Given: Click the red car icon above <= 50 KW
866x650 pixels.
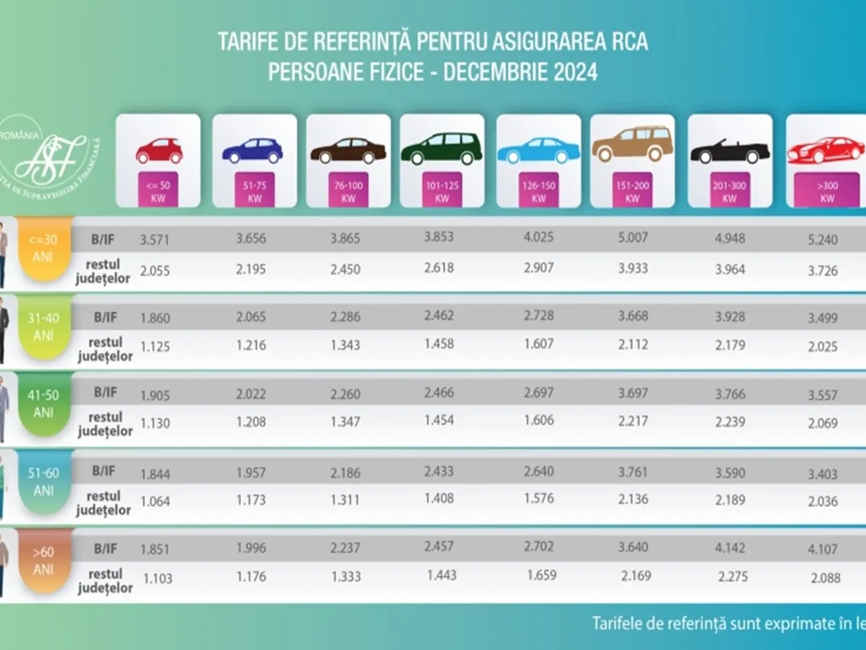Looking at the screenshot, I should coord(159,150).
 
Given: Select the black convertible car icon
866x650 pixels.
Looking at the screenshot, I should coord(730,152).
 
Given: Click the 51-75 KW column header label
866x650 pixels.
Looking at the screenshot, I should coord(254,193).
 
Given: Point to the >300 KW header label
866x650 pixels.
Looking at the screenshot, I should coord(827,193).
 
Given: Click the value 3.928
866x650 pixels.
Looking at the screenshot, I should coord(730,316).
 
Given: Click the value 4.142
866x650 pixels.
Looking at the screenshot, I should coord(730,548).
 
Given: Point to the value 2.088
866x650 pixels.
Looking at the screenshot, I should coord(824,577).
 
